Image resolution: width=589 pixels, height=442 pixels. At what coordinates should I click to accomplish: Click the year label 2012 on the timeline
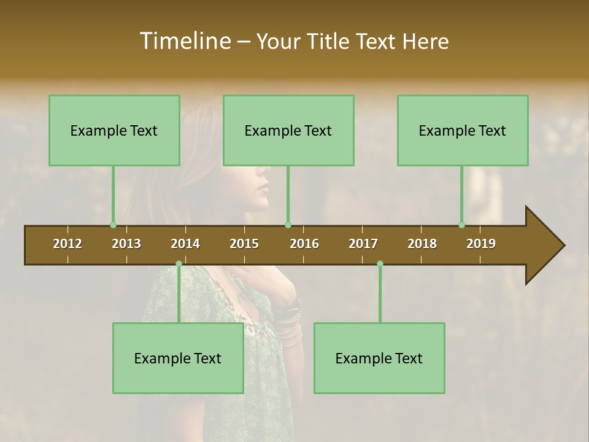pyautogui.click(x=67, y=244)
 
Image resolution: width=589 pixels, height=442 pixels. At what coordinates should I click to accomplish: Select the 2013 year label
pyautogui.click(x=126, y=244)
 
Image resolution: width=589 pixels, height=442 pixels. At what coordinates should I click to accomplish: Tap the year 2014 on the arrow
pyautogui.click(x=185, y=244)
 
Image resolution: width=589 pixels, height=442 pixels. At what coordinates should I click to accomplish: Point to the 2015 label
pyautogui.click(x=244, y=244)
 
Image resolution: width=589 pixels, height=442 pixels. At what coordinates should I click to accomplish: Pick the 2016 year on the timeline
pyautogui.click(x=304, y=244)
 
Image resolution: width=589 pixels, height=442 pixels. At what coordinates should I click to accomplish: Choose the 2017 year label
pyautogui.click(x=363, y=244)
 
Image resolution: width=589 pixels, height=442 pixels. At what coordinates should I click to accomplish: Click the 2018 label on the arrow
pyautogui.click(x=422, y=244)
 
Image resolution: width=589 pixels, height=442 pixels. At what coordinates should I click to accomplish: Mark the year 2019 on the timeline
pyautogui.click(x=481, y=244)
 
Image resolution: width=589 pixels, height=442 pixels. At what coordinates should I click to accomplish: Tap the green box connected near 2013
pyautogui.click(x=114, y=130)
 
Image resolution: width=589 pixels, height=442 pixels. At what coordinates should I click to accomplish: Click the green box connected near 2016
pyautogui.click(x=288, y=130)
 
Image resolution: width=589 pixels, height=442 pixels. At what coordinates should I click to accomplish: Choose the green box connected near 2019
pyautogui.click(x=463, y=130)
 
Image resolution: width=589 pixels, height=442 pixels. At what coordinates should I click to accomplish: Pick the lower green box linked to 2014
pyautogui.click(x=178, y=358)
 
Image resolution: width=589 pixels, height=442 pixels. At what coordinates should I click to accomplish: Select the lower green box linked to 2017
pyautogui.click(x=379, y=358)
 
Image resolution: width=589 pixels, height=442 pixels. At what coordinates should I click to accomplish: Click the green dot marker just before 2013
pyautogui.click(x=113, y=225)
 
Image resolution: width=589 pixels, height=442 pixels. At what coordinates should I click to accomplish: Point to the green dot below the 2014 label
pyautogui.click(x=179, y=263)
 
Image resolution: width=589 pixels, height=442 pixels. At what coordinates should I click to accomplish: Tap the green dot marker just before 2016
pyautogui.click(x=288, y=225)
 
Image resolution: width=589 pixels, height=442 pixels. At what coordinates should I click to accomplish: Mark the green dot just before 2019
pyautogui.click(x=461, y=225)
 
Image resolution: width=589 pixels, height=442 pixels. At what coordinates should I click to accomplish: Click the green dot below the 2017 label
pyautogui.click(x=380, y=263)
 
